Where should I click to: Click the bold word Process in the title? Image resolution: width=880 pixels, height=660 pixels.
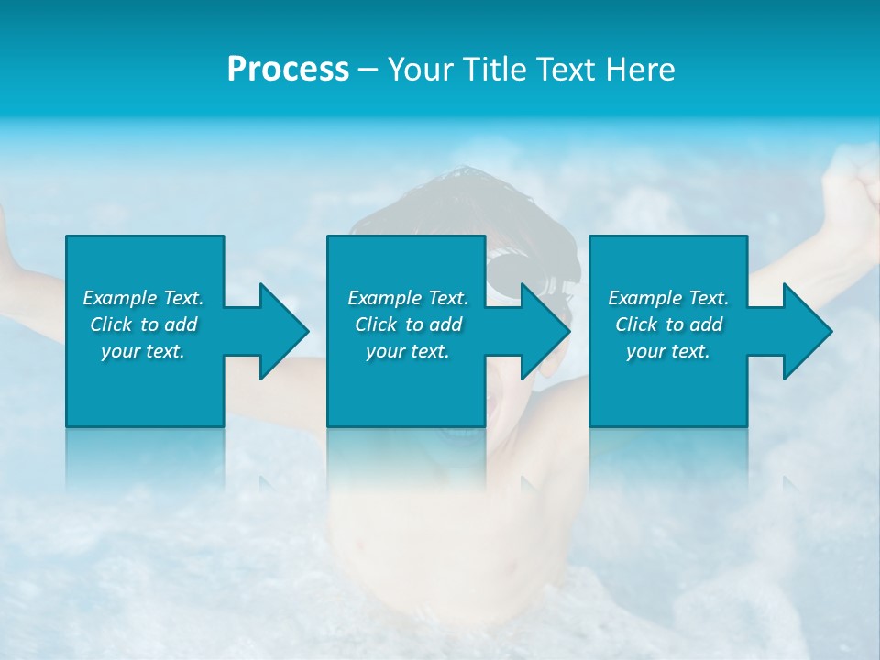[x=288, y=70]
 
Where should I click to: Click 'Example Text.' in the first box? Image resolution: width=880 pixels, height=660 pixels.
[x=143, y=298]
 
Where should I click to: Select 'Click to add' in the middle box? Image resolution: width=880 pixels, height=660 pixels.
[x=408, y=324]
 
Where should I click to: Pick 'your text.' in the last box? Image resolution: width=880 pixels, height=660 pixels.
[x=667, y=351]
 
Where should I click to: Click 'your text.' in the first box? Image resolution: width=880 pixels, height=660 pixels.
[x=143, y=351]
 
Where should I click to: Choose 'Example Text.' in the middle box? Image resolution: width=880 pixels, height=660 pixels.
[x=408, y=298]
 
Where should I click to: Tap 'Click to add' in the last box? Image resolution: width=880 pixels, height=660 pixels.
[x=668, y=324]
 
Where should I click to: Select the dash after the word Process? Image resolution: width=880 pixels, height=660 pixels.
[x=368, y=70]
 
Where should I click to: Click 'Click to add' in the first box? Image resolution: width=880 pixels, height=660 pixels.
[x=143, y=324]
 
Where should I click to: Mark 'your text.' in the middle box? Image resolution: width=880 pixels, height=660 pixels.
[x=407, y=351]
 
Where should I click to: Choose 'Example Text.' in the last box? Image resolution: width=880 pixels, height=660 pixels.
[x=668, y=298]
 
